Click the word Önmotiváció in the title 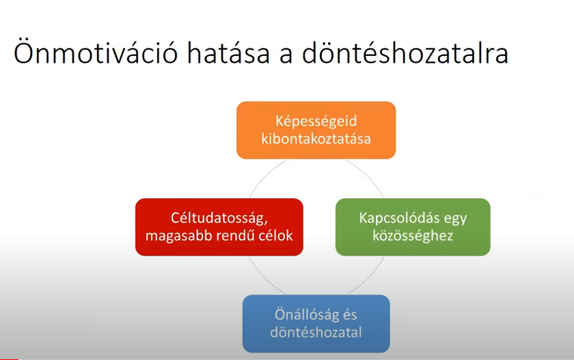96,52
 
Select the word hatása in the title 228,53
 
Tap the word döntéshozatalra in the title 405,52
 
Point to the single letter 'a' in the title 286,55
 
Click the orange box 316,130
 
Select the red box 219,227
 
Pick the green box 413,227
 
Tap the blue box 316,324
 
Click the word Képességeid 316,122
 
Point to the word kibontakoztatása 316,139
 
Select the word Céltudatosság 219,219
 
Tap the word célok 275,236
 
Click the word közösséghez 413,236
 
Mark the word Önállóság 307,316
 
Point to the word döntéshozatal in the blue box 316,332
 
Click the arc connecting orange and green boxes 370,175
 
